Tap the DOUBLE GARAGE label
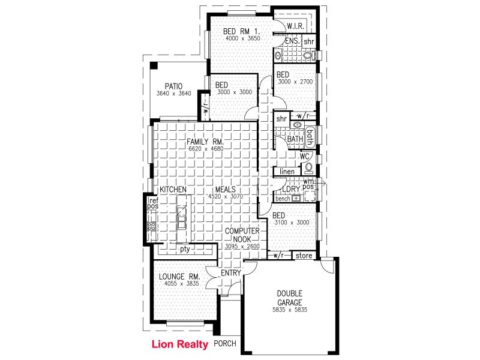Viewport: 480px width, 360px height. click(x=289, y=298)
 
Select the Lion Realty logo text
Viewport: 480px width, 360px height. click(x=179, y=344)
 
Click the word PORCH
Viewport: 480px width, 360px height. click(x=225, y=344)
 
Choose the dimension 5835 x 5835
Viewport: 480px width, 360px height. click(x=289, y=310)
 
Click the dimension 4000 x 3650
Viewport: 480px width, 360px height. click(x=242, y=38)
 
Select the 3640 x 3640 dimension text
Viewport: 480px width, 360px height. click(x=173, y=94)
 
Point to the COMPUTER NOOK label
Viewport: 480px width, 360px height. click(x=242, y=235)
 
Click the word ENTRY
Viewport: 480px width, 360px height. click(x=230, y=274)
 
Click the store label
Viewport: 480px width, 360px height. click(x=304, y=256)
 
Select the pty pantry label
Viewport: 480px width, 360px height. click(x=185, y=248)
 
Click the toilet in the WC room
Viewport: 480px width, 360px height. click(x=309, y=167)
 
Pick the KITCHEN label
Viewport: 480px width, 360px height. click(x=173, y=190)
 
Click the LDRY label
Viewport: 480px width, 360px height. click(x=299, y=190)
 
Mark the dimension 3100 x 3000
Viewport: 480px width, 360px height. click(x=290, y=223)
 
